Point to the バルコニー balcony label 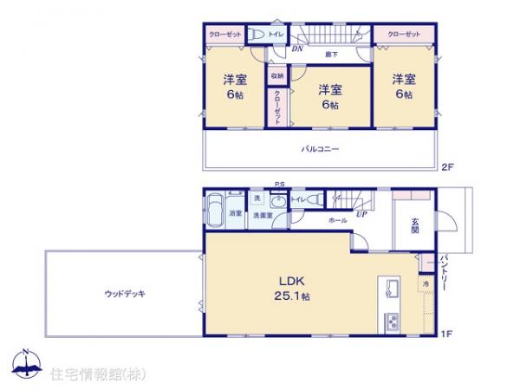pyautogui.click(x=320, y=149)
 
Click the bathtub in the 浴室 pyautogui.click(x=216, y=211)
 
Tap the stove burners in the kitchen pyautogui.click(x=392, y=322)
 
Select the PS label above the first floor pyautogui.click(x=279, y=184)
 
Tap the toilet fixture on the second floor pyautogui.click(x=257, y=34)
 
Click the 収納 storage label pyautogui.click(x=276, y=75)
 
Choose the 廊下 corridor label pyautogui.click(x=331, y=55)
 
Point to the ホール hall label pyautogui.click(x=338, y=221)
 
